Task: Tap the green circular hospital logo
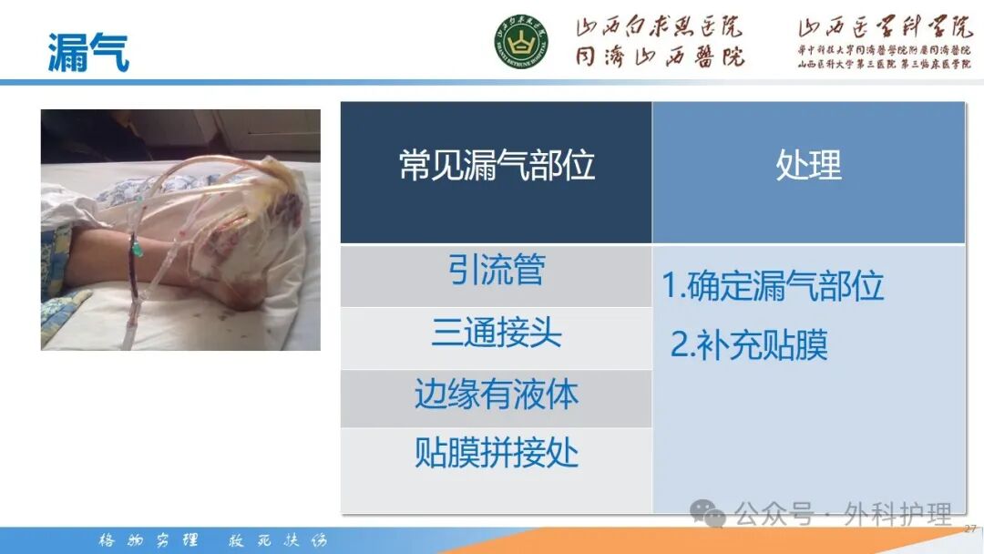(x=521, y=41)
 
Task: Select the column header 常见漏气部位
(x=497, y=166)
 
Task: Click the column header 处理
(x=808, y=166)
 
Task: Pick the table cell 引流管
(x=497, y=271)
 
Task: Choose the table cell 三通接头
(x=497, y=333)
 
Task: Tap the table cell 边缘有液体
(x=497, y=395)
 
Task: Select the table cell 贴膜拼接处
(x=497, y=452)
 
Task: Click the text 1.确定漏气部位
(x=773, y=286)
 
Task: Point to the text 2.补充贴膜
(x=749, y=345)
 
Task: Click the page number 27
(x=969, y=528)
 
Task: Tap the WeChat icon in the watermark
(x=707, y=514)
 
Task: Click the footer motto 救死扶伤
(x=276, y=539)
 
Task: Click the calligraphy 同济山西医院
(x=659, y=56)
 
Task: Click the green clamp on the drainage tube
(x=134, y=245)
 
